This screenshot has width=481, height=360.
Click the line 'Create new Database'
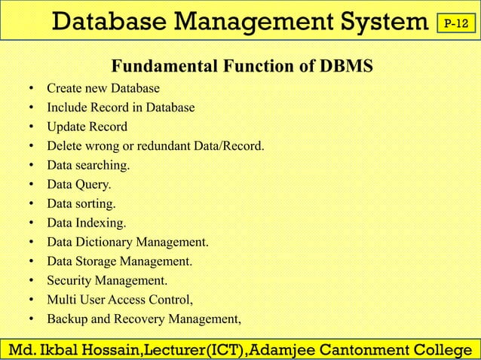pyautogui.click(x=103, y=88)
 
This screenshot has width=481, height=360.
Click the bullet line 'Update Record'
pyautogui.click(x=87, y=127)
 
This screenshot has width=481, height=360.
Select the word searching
pyautogui.click(x=102, y=165)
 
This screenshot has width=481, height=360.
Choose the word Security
pyautogui.click(x=69, y=281)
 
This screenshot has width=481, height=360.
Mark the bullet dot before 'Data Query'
pyautogui.click(x=31, y=185)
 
